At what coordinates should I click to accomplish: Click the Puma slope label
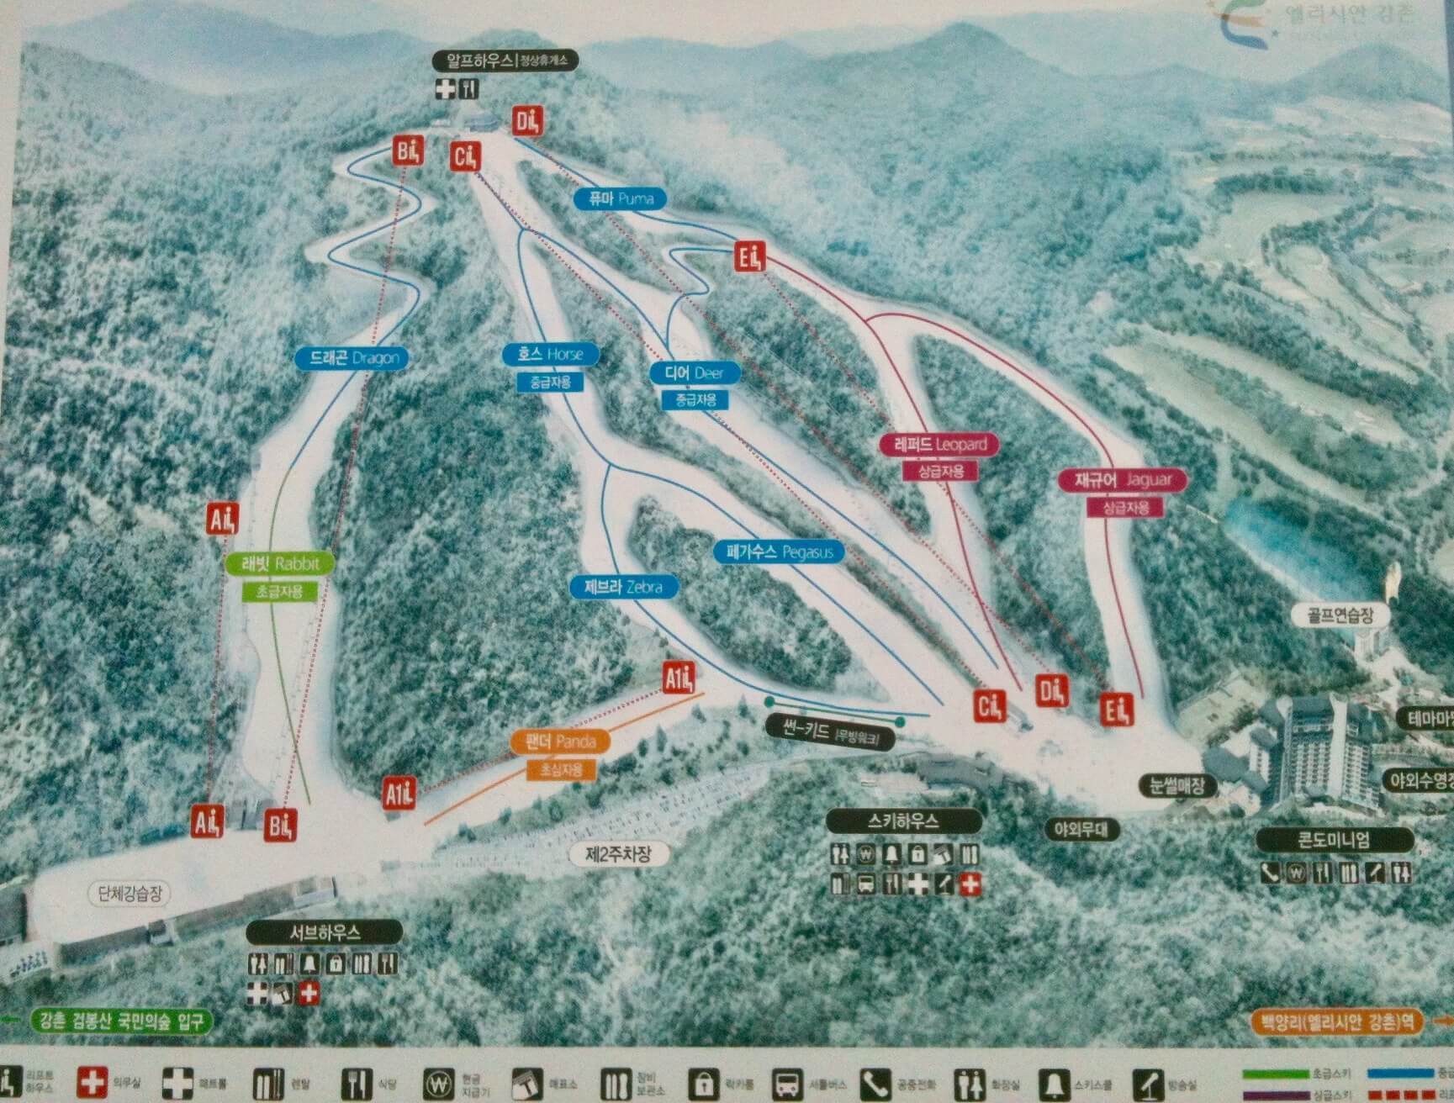(621, 199)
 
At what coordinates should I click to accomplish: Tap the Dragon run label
(352, 358)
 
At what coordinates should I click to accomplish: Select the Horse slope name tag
(551, 354)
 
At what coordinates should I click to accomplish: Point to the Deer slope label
(695, 373)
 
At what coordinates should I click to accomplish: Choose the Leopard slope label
(939, 444)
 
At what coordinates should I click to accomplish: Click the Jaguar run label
(1124, 480)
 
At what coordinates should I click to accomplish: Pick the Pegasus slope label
(780, 552)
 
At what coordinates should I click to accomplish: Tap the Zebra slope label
(623, 587)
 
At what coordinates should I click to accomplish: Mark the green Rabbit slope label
(280, 563)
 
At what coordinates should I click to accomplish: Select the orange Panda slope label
(560, 741)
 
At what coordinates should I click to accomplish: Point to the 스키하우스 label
(903, 821)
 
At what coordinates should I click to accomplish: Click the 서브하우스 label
(325, 932)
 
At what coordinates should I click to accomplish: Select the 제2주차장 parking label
(618, 855)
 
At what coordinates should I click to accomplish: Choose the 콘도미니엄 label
(1334, 839)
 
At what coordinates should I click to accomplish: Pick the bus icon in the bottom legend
(787, 1083)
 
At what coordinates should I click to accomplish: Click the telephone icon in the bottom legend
(875, 1083)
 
